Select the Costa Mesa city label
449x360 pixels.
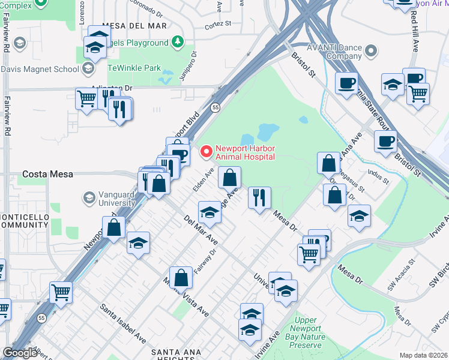click(x=47, y=174)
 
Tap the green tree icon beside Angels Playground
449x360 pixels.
click(x=177, y=42)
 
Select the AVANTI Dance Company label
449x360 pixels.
click(x=327, y=52)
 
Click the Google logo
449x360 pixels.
click(x=20, y=353)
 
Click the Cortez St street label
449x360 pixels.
click(x=217, y=24)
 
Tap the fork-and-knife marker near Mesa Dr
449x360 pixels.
click(x=259, y=197)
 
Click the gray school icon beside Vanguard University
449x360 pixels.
click(x=89, y=197)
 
